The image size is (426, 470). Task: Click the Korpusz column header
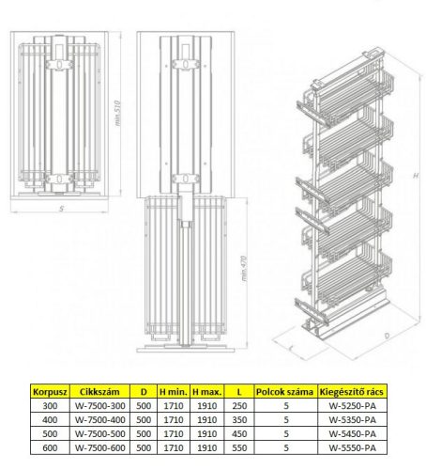click(x=50, y=392)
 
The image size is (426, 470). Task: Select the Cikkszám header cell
click(x=99, y=392)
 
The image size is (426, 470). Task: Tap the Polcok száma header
click(x=284, y=392)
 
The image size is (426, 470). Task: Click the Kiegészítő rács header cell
click(x=352, y=392)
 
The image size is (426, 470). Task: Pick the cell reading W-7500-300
click(x=99, y=406)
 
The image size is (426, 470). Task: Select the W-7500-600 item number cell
click(x=99, y=448)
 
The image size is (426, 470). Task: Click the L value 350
click(x=239, y=420)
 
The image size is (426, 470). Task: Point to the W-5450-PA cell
click(x=352, y=434)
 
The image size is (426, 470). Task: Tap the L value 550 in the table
click(x=239, y=448)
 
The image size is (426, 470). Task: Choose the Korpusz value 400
click(x=50, y=420)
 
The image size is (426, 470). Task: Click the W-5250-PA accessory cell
click(x=352, y=406)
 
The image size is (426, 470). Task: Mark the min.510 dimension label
click(x=118, y=113)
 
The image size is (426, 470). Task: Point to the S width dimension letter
click(x=62, y=209)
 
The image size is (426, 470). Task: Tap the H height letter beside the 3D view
click(x=416, y=176)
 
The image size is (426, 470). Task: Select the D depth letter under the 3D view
click(x=388, y=336)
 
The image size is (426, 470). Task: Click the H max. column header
click(x=206, y=392)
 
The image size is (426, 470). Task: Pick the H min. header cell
click(x=174, y=392)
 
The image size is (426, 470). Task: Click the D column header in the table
click(x=144, y=392)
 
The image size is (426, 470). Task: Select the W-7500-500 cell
click(x=99, y=434)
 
